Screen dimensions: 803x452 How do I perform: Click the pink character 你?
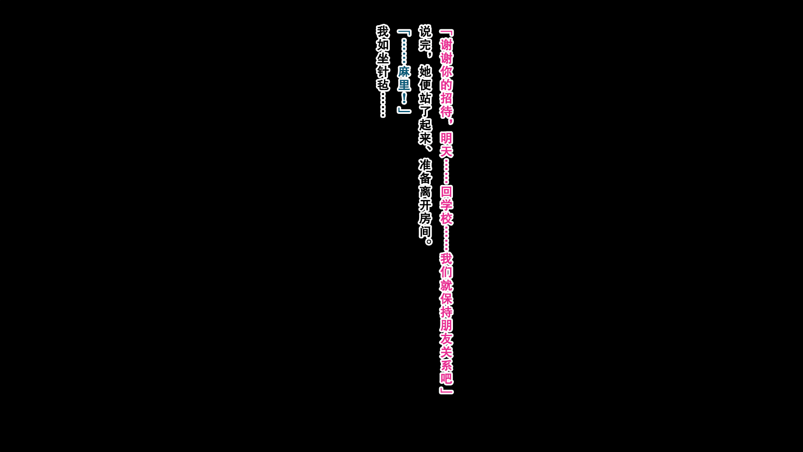coord(446,72)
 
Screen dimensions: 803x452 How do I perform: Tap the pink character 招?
coord(446,98)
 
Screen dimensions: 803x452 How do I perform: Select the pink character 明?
coord(446,138)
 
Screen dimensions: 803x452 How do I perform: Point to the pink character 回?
coord(446,192)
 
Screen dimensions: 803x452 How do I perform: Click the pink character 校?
coord(446,218)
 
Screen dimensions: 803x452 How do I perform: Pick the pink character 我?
coord(446,259)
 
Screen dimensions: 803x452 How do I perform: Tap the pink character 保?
coord(446,298)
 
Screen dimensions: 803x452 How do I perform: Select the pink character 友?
coord(446,339)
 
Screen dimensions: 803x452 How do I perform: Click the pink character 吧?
coord(446,378)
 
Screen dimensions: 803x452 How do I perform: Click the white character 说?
coord(425,31)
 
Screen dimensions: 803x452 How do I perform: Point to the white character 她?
coord(425,72)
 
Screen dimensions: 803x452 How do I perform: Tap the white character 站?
coord(425,98)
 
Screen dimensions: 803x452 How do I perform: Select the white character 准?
coord(425,165)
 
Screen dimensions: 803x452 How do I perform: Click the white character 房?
coord(425,218)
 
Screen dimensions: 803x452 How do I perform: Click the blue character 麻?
coord(404,72)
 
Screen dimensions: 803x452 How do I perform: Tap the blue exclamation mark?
coord(404,98)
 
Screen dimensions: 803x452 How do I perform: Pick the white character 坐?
coord(383,58)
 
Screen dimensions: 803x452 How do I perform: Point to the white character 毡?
coord(383,85)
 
